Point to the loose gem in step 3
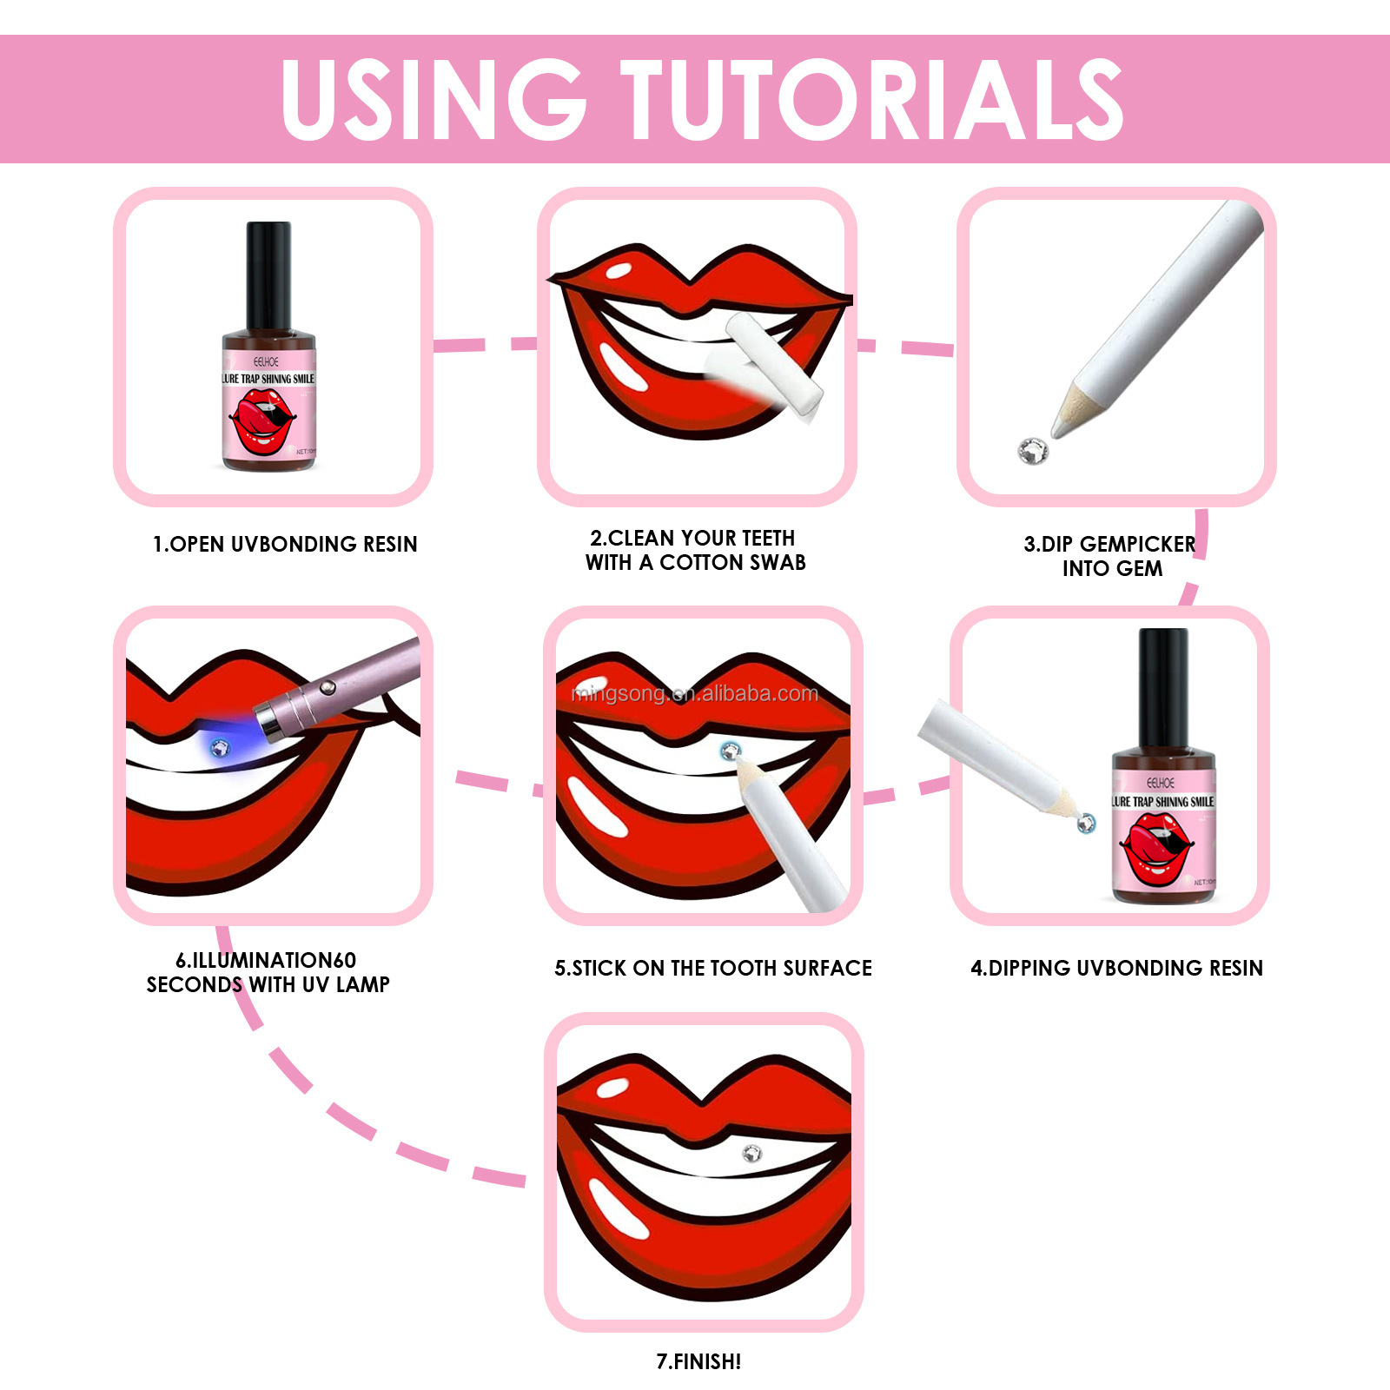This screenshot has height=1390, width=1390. [x=1033, y=450]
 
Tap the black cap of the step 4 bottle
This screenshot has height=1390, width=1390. [x=1163, y=686]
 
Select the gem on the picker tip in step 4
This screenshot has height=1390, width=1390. [x=1086, y=822]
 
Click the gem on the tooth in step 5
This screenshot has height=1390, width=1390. [x=731, y=751]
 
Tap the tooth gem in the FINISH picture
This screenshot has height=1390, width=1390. [x=751, y=1153]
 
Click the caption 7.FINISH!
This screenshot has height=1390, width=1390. [x=698, y=1361]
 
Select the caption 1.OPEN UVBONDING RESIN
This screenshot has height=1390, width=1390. [x=285, y=545]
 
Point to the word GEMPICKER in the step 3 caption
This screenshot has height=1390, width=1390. [x=1137, y=545]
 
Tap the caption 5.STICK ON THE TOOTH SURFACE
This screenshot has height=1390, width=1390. [x=713, y=969]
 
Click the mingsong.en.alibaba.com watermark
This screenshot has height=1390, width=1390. [x=695, y=693]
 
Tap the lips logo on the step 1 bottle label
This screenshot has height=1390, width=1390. [x=261, y=421]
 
